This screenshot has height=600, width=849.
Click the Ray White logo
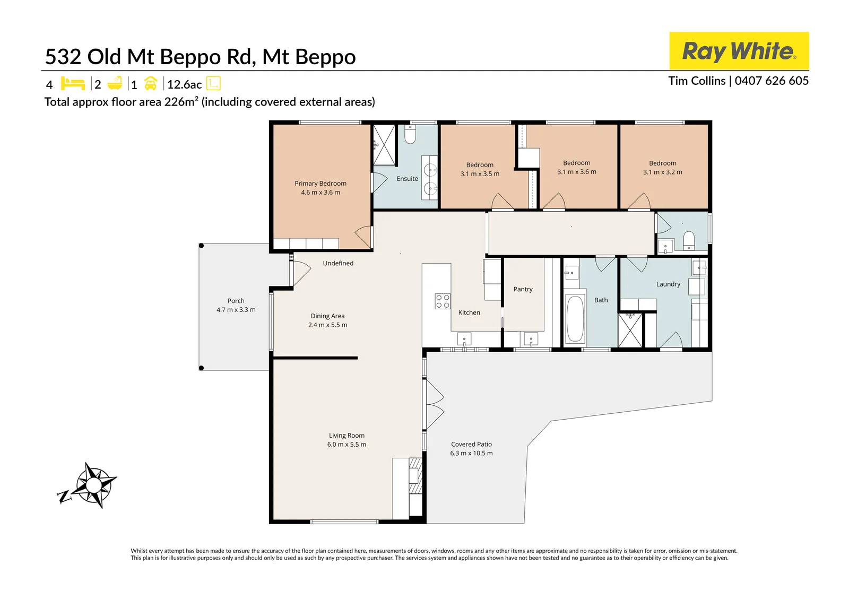coord(739,51)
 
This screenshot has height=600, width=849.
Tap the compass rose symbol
coord(92,485)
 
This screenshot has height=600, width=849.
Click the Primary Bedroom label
coord(320,184)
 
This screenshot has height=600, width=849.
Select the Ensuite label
coord(407,179)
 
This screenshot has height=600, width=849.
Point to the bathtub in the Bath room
coord(575,319)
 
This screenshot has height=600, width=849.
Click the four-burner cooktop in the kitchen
coord(443,301)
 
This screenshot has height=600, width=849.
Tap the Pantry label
coord(523,289)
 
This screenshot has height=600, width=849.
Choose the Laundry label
coord(668,284)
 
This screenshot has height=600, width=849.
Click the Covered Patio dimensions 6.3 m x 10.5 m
coord(471,453)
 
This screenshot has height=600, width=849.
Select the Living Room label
coord(346,436)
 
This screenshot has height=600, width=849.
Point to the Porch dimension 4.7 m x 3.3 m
coord(236,310)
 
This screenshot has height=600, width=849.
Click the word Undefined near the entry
coord(338,263)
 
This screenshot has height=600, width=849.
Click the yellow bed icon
coord(73,83)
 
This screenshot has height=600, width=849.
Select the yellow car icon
coord(151,83)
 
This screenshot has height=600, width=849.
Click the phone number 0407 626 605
coord(772,81)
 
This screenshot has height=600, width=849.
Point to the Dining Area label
coord(327,316)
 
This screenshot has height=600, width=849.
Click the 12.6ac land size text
coord(184,84)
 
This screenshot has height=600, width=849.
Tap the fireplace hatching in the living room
coord(415,476)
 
